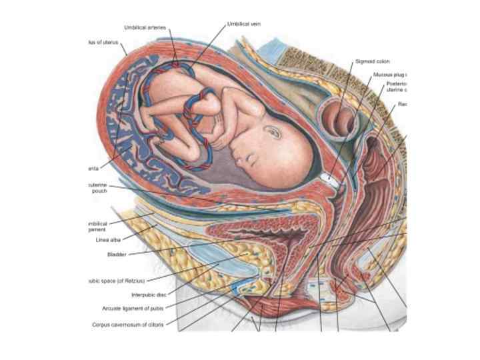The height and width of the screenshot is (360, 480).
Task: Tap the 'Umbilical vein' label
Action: click(243, 23)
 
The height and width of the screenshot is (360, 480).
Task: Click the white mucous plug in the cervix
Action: click(327, 179)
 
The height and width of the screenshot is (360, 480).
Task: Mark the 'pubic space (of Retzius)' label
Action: click(116, 281)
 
